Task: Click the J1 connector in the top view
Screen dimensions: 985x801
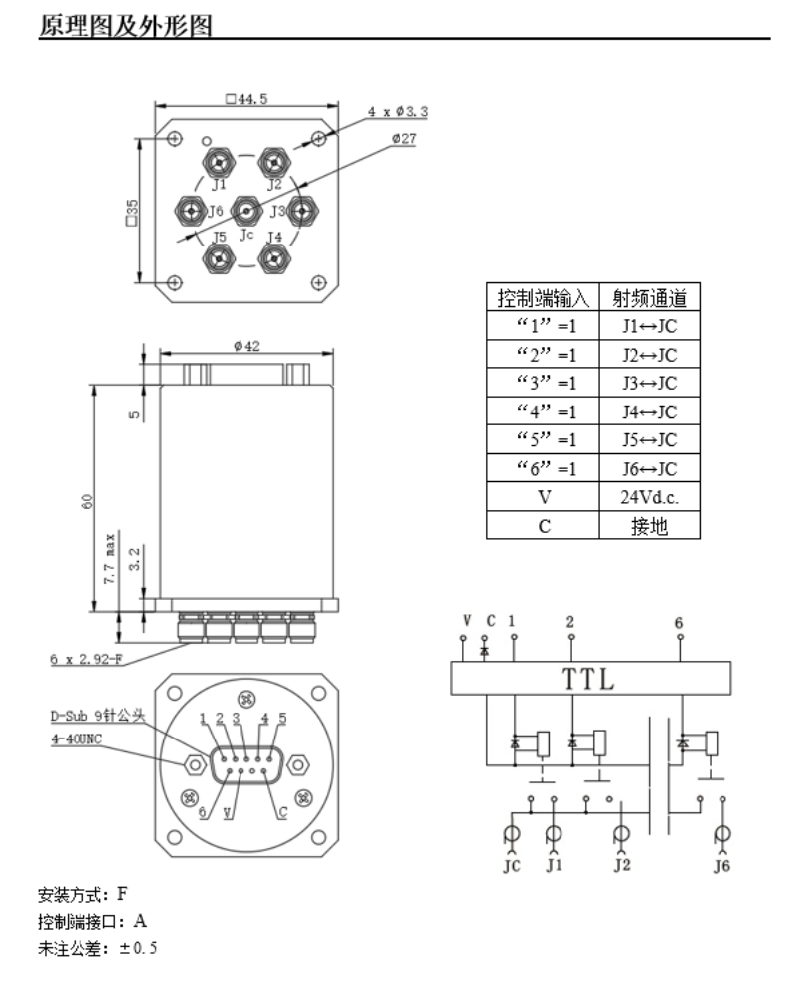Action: coord(219,160)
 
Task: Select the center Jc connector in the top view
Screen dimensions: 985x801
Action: coord(246,211)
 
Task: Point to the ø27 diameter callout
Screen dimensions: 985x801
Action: coord(403,139)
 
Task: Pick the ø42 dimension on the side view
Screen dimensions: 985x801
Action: coord(247,346)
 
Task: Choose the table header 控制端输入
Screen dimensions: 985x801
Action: coord(543,297)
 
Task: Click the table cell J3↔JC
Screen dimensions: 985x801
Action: coord(649,384)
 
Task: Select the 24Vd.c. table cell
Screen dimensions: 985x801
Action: coord(649,497)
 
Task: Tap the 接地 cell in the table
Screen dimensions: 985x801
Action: coord(649,526)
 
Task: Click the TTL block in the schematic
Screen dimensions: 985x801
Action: coord(590,680)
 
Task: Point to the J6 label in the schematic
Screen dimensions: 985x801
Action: coord(723,866)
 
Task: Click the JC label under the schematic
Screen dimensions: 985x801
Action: coord(512,866)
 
